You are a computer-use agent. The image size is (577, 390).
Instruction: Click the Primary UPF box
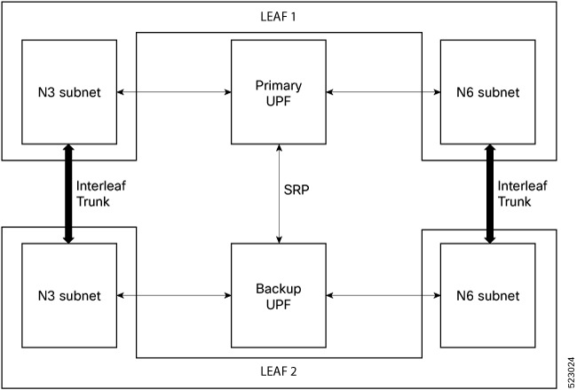(x=279, y=92)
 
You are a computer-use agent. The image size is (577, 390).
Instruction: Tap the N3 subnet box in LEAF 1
(x=68, y=92)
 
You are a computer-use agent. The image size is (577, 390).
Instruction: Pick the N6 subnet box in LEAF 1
(x=489, y=92)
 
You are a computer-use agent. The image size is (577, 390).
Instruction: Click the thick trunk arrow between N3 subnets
(x=68, y=194)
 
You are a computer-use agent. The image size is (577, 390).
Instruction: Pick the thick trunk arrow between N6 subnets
(x=489, y=194)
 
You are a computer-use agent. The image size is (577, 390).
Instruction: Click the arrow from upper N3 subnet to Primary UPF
(x=174, y=92)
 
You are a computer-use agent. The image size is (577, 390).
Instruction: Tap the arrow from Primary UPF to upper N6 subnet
(x=383, y=92)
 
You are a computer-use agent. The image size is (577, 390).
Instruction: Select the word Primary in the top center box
(x=279, y=86)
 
